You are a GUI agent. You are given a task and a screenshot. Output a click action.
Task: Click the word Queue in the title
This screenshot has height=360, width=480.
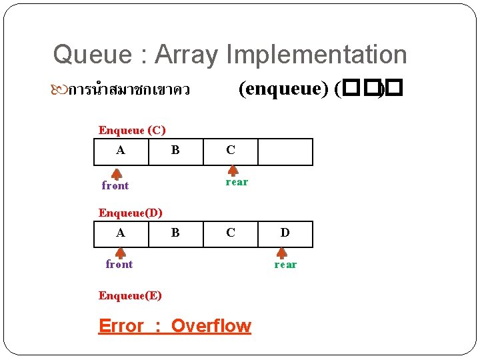coord(83,55)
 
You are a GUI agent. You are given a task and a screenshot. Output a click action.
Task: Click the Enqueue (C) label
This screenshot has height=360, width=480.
coord(132,130)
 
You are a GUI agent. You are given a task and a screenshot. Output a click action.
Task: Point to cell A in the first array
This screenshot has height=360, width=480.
coord(121,151)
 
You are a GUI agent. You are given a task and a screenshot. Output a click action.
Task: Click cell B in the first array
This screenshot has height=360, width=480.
coord(175,151)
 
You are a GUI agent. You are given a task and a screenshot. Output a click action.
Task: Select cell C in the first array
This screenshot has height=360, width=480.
coord(230,151)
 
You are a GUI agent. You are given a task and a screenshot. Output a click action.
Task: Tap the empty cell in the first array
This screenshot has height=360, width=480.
coord(285,151)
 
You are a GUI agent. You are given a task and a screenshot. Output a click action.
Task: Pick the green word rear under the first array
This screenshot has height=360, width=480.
coord(237,182)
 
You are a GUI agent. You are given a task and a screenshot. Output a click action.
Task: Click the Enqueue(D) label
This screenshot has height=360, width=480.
coord(131,213)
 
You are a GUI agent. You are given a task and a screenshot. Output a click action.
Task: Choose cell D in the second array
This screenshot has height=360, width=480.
coord(285,233)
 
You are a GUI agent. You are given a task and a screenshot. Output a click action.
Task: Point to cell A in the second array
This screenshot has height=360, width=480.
coord(121,233)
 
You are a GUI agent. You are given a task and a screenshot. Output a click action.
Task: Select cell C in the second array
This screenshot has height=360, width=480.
coord(230,233)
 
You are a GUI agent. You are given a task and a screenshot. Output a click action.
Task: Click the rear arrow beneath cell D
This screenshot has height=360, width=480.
coord(282,253)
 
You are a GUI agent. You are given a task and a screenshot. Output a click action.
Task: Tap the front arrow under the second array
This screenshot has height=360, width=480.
coord(121,253)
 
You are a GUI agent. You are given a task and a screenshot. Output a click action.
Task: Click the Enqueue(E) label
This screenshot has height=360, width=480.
coord(130,295)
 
